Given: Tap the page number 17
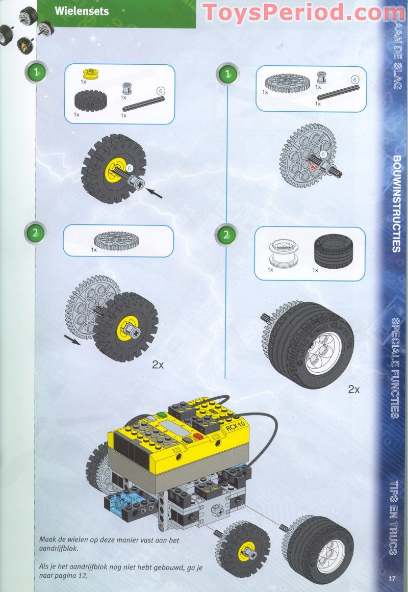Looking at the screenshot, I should point(392,578).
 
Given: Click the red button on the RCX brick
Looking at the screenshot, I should point(197,436).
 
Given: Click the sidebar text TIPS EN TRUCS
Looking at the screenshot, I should point(394,518).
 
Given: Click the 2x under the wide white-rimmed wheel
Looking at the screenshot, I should point(354,389).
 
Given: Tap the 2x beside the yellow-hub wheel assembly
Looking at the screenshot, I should point(158,365).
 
